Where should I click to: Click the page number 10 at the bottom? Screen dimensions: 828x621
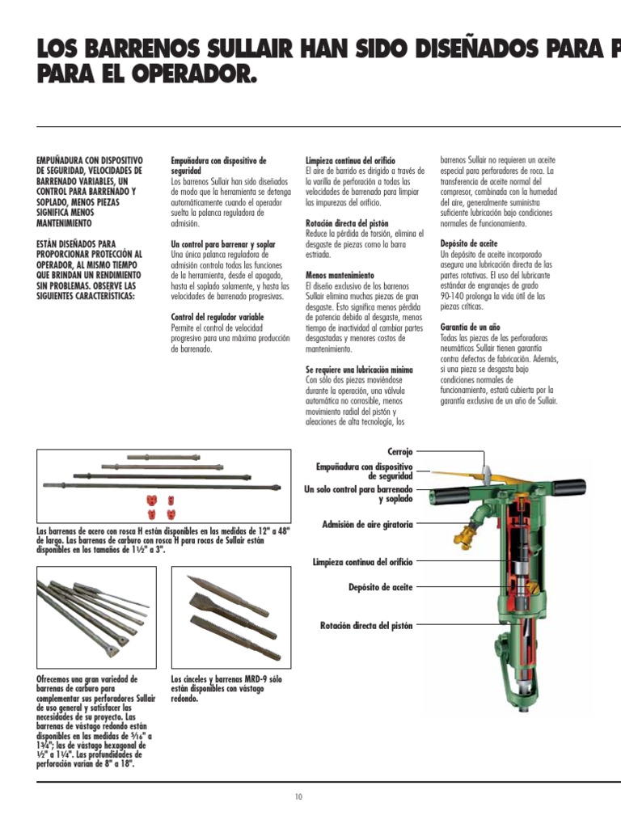pyautogui.click(x=298, y=797)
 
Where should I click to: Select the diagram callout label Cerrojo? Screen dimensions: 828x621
pyautogui.click(x=399, y=450)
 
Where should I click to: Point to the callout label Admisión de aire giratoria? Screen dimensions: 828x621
pyautogui.click(x=367, y=525)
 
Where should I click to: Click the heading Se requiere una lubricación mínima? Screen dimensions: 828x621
pyautogui.click(x=359, y=370)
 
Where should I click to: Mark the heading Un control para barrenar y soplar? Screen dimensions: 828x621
pyautogui.click(x=223, y=243)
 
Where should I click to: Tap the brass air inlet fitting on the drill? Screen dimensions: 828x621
pyautogui.click(x=467, y=530)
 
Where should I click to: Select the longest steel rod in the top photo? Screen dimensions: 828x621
pyautogui.click(x=162, y=488)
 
